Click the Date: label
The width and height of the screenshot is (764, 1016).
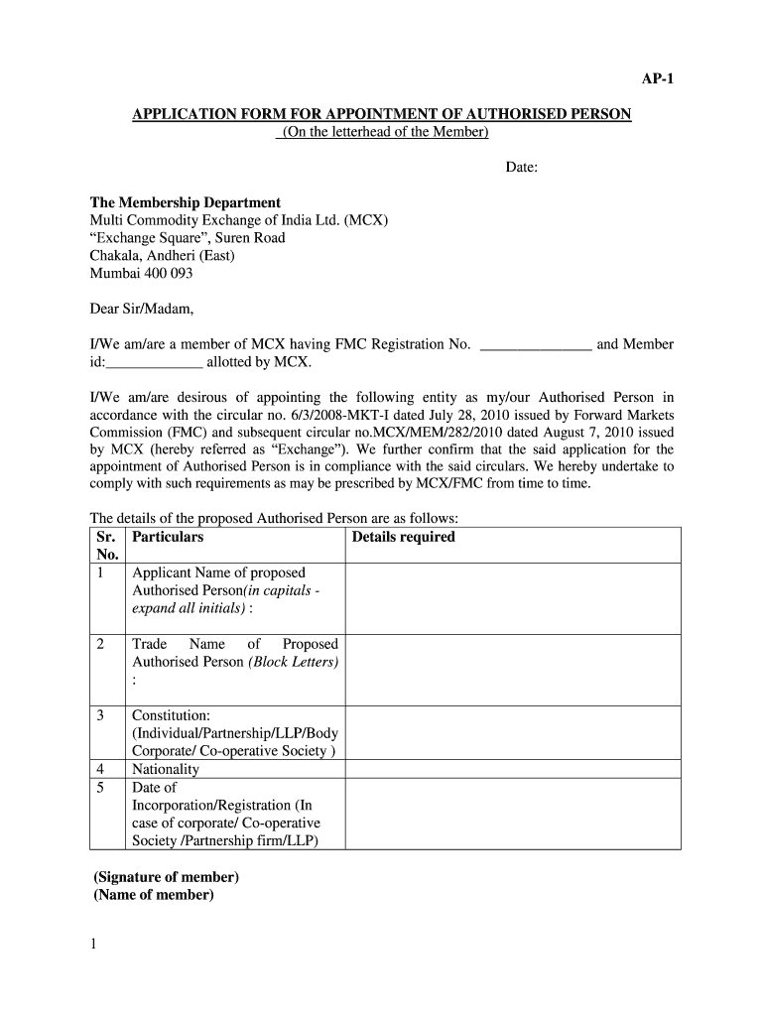522,168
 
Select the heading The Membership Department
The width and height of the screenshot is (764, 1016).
186,202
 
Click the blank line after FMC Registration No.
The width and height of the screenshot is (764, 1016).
536,346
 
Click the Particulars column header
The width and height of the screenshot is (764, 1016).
168,537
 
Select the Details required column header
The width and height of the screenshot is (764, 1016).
403,537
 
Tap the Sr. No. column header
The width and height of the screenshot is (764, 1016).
107,546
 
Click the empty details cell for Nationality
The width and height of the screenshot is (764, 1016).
512,769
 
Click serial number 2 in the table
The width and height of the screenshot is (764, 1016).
100,644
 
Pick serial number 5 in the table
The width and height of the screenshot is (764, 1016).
100,788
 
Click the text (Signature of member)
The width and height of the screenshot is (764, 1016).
167,877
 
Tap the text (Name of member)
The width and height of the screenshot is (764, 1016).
154,895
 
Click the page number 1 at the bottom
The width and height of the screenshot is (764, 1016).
93,946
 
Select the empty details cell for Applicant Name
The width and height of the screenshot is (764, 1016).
512,598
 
